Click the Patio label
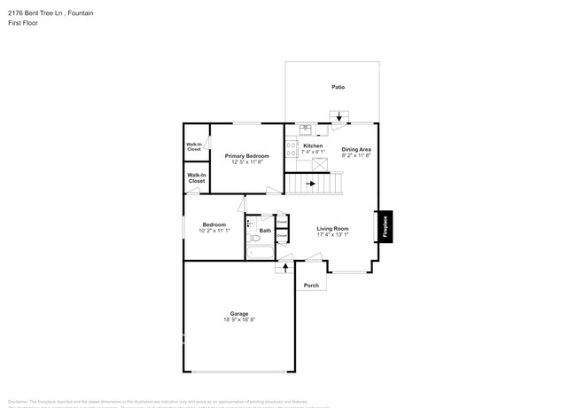338,87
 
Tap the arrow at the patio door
339,116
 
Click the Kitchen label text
313,145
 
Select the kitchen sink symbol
304,129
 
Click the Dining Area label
356,149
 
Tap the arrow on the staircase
310,184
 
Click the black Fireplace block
385,226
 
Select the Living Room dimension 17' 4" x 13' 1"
333,235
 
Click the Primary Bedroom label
246,155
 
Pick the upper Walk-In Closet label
194,147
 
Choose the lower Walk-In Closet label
196,178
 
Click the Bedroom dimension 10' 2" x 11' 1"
214,231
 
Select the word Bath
265,231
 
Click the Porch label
311,286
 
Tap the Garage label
239,313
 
